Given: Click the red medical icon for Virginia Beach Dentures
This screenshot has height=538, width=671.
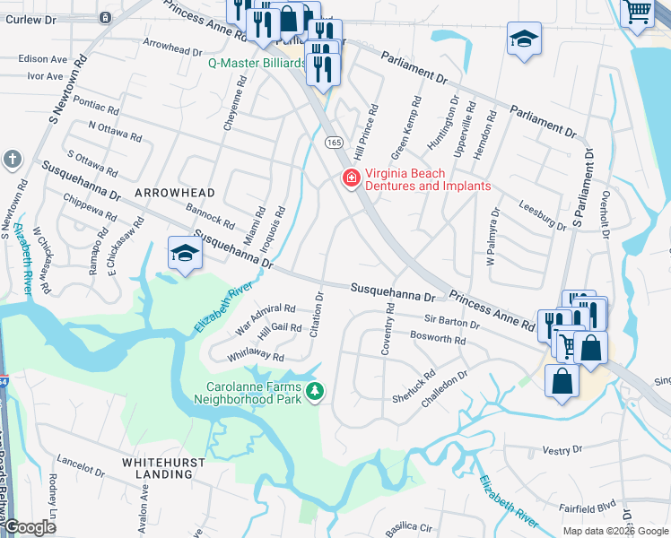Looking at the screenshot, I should click(350, 180).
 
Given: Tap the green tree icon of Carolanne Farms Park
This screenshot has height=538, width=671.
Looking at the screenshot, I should click(314, 390).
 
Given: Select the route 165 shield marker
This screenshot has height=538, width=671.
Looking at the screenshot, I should click(333, 143).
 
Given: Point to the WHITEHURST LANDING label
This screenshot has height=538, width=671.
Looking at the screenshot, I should click(163, 467).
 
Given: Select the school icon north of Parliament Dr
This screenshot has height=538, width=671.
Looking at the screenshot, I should click(524, 39).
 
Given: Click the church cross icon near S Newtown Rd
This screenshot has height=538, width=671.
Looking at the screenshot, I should click(12, 160).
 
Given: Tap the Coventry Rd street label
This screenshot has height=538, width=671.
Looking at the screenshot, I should click(388, 328).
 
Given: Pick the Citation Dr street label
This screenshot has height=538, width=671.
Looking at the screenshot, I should click(318, 314).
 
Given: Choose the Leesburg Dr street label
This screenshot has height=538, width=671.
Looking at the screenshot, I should click(542, 216).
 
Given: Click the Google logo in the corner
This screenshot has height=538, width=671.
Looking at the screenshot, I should click(30, 527).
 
